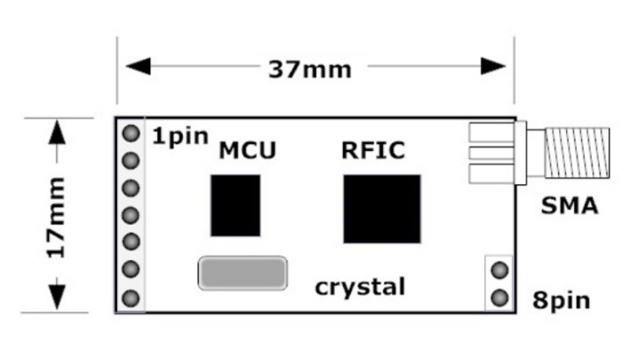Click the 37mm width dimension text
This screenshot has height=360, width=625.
pos(310,70)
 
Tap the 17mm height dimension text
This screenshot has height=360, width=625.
pos(56,218)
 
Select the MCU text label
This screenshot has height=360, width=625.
pos(247,150)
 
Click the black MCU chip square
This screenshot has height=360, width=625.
pos(236,205)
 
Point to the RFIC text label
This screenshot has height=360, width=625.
pos(373,150)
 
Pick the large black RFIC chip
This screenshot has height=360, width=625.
pos(382,209)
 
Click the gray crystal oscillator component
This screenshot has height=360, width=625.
pos(242,273)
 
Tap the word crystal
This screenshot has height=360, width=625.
pos(360,287)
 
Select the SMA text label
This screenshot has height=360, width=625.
pos(570,205)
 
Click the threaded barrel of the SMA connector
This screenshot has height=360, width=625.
pos(577,153)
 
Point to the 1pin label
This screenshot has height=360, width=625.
pos(180,137)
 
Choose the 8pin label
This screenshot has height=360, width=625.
pos(562,300)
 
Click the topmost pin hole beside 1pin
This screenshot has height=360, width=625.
pos(130,133)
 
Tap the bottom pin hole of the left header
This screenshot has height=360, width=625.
pos(130,298)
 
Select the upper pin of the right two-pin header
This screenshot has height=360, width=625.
pos(499,270)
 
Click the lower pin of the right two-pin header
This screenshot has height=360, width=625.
pos(499,297)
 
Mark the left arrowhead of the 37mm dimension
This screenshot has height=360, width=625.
pos(137,66)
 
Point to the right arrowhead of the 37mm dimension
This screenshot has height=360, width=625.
pos(494,66)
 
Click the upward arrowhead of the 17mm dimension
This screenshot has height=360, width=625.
pos(57,132)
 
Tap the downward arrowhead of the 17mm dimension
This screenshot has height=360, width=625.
pos(57,297)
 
